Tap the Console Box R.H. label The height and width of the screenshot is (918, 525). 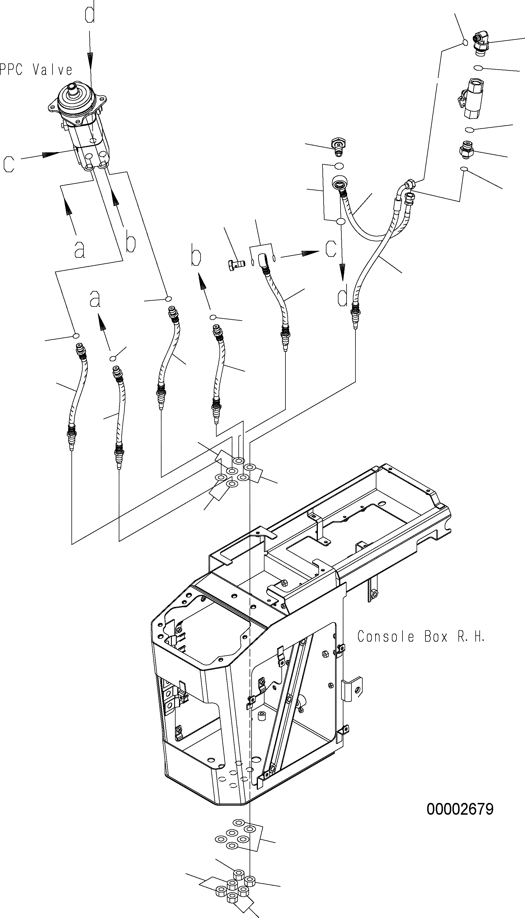point(421,636)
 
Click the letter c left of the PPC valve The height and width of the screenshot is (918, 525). point(9,163)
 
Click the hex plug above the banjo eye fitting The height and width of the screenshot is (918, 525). point(338,146)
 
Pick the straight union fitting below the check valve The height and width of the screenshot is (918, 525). point(468,149)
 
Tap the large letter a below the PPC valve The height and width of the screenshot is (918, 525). point(80,249)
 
